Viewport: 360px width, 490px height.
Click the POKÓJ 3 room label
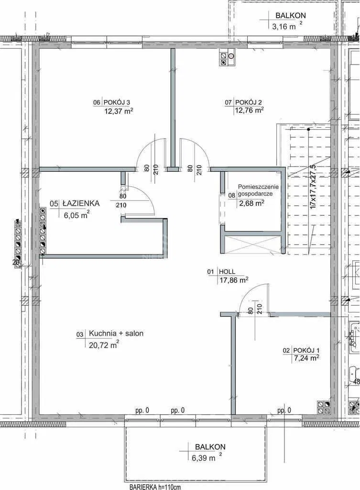coord(117,102)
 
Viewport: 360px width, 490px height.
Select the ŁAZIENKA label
coord(81,203)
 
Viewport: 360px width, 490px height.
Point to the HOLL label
coord(227,272)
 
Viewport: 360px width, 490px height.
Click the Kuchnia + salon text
coord(116,334)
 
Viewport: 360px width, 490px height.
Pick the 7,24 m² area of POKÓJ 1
coord(305,358)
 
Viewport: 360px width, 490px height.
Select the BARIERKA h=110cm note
coord(155,487)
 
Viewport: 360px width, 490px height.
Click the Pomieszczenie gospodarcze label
coord(258,190)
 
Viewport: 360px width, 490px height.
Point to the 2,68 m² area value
coord(251,203)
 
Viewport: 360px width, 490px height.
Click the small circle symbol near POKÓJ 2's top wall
coord(231,56)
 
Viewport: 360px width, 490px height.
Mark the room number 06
coord(97,102)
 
